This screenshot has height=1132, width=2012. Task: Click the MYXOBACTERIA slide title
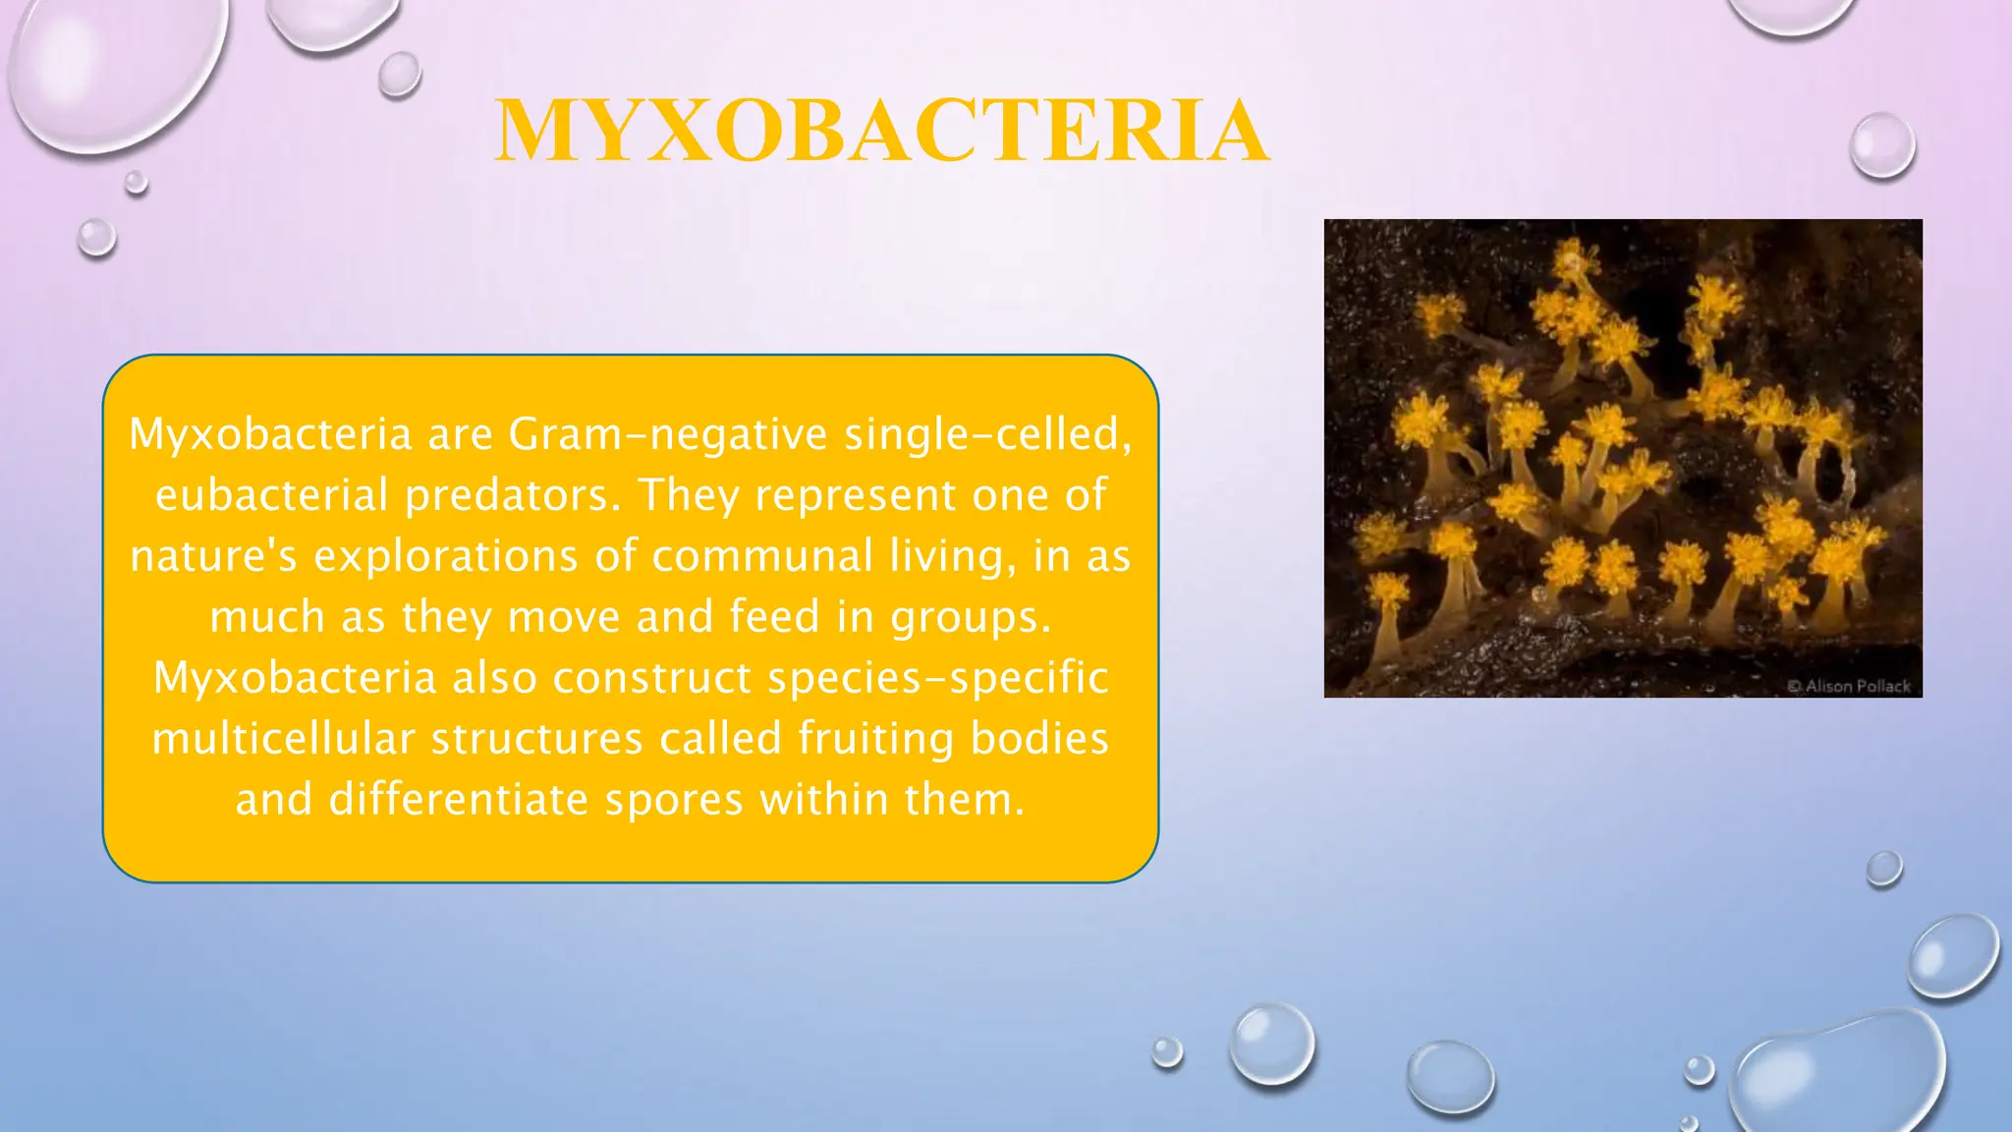[x=881, y=132]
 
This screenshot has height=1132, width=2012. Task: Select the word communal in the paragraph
[x=762, y=556]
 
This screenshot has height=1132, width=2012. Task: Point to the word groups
[x=970, y=617]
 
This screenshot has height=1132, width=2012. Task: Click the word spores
[x=674, y=800]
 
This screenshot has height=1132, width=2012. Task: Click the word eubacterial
[x=272, y=495]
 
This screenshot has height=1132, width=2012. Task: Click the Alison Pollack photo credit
[x=1850, y=686]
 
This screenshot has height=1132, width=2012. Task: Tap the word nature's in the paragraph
[x=213, y=556]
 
